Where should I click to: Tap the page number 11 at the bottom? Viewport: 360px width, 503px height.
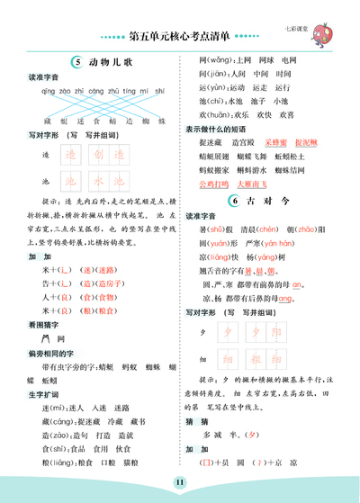point(181,484)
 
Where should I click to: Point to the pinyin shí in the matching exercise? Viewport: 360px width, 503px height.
point(159,90)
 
